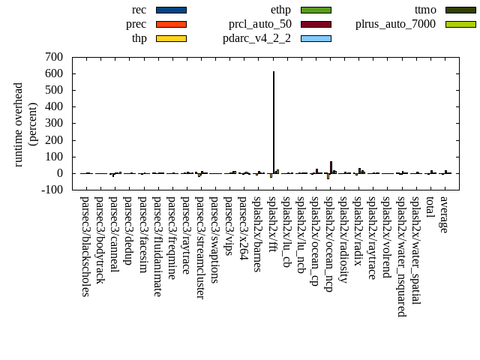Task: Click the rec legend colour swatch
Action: coord(171,10)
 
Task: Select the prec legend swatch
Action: coord(171,24)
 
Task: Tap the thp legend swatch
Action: coord(171,38)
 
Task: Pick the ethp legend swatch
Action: coord(316,10)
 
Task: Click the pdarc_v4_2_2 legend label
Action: coord(257,38)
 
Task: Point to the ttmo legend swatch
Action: coord(460,10)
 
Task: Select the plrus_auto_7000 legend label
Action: coord(395,24)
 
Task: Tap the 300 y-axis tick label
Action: coord(54,124)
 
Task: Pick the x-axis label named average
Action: coord(444,214)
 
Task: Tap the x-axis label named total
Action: coord(430,208)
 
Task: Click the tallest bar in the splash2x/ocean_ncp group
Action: coord(331,167)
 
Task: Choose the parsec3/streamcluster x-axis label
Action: coord(200,247)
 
